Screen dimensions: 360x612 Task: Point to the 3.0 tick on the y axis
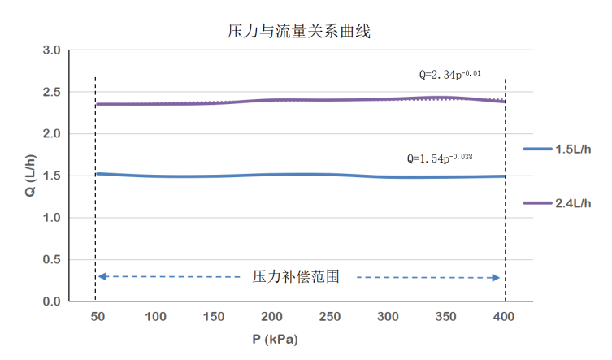coord(51,50)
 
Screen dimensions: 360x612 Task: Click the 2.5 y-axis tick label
coord(51,92)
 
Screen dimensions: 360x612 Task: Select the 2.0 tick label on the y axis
coord(51,134)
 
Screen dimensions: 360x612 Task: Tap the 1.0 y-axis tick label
coord(51,218)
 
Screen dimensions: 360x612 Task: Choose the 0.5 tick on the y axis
coord(51,260)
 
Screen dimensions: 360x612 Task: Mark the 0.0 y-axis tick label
coord(51,301)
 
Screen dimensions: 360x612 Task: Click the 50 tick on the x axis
coord(98,317)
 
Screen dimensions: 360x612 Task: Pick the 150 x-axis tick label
coord(214,317)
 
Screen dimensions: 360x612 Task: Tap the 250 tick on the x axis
coord(330,317)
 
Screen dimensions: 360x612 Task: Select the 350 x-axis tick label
coord(446,317)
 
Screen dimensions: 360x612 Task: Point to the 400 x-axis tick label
coord(505,317)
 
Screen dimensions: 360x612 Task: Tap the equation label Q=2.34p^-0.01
coord(450,75)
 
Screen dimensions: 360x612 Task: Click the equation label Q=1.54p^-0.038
coord(439,158)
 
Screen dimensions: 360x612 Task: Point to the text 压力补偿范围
coord(296,276)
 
